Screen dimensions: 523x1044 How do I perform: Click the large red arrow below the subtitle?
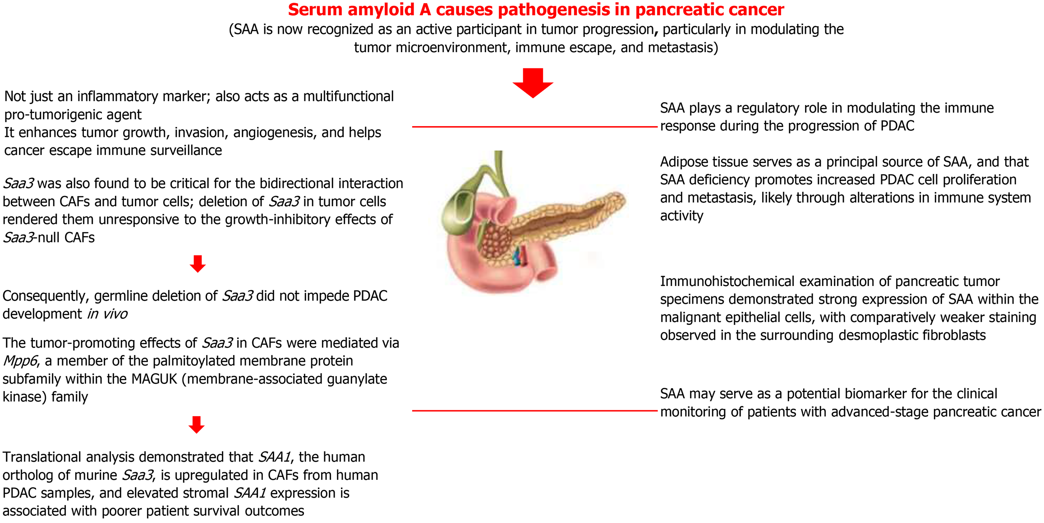pos(533,83)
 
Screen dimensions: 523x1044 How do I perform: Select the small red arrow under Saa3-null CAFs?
pos(198,264)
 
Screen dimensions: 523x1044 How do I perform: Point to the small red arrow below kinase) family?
pos(197,424)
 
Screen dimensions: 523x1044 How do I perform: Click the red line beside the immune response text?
pos(534,127)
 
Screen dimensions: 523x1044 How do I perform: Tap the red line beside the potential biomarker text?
pos(534,411)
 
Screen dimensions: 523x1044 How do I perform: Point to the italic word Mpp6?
pos(20,361)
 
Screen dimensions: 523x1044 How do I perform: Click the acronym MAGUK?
pos(154,379)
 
